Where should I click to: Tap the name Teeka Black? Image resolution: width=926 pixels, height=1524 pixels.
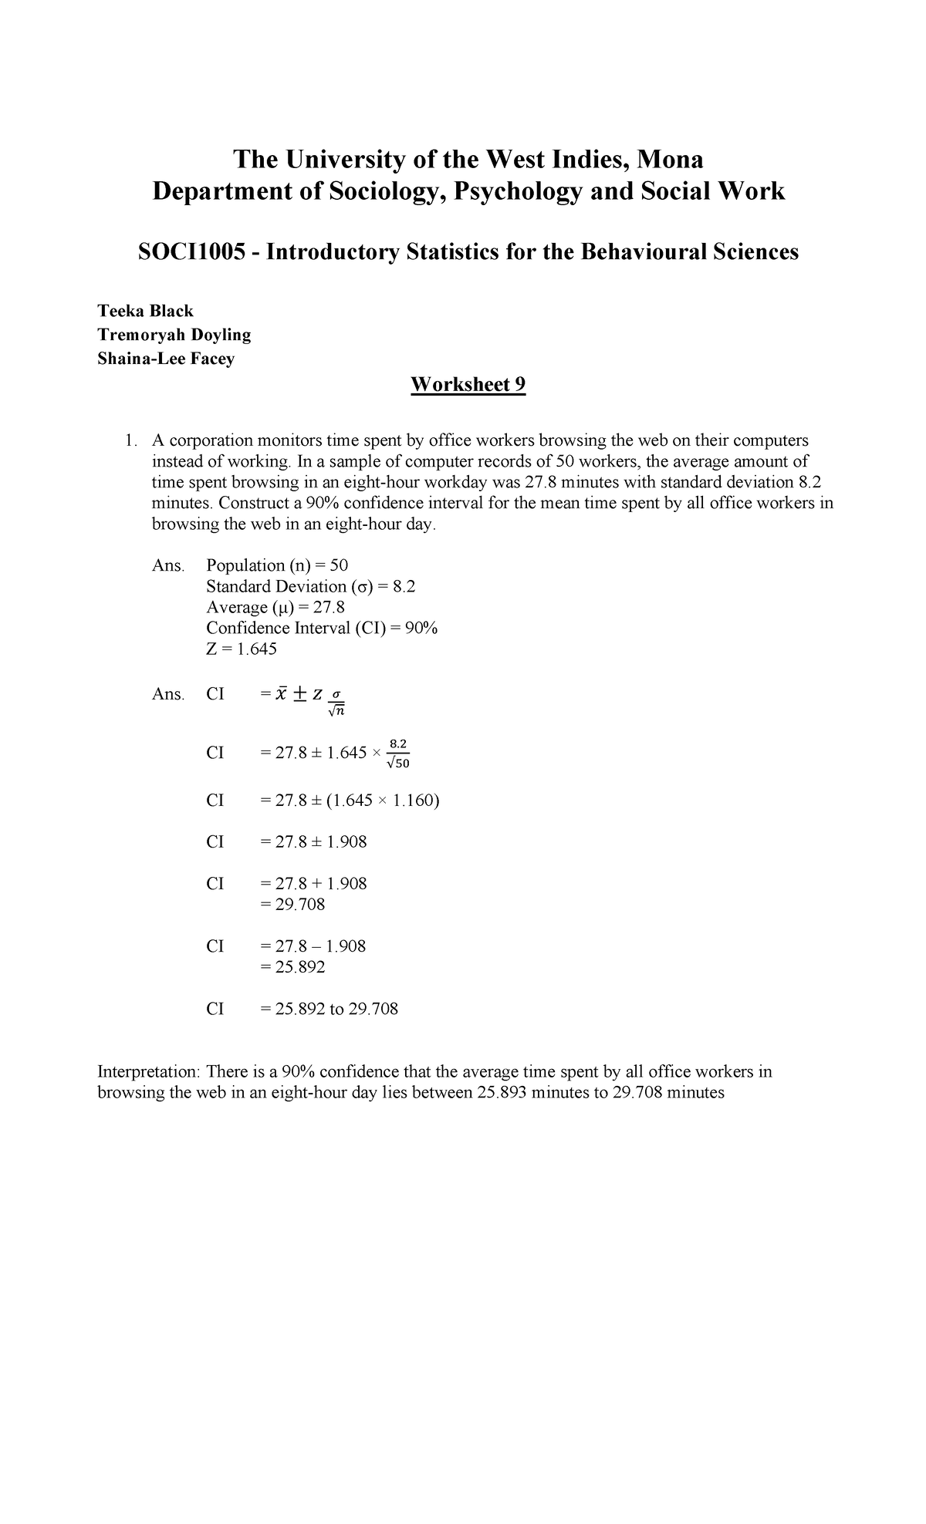[x=145, y=311]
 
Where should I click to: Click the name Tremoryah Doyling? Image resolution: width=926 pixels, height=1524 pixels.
[x=174, y=335]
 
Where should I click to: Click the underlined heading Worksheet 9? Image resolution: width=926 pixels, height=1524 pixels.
[x=468, y=385]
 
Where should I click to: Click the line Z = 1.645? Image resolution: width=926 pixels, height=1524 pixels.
[x=242, y=649]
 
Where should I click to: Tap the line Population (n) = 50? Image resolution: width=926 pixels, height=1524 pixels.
[x=277, y=565]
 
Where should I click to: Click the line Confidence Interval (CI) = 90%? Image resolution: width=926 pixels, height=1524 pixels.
[x=322, y=629]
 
